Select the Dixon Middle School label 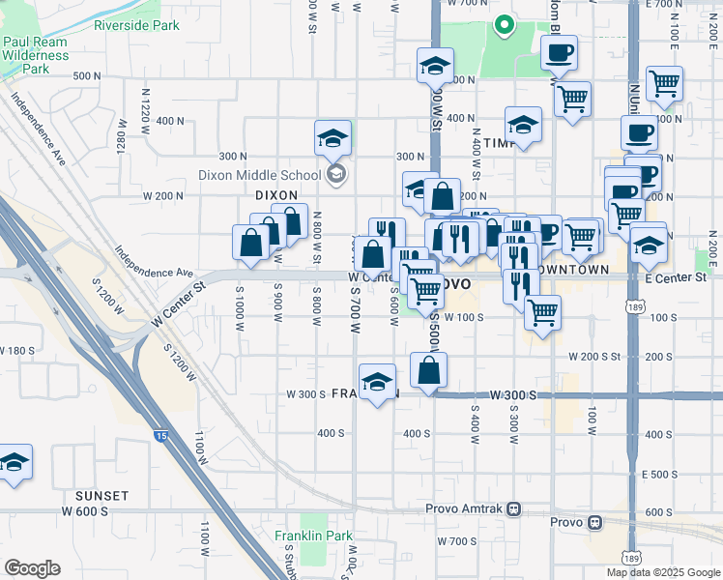tap(259, 175)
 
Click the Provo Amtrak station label tap(467, 508)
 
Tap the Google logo tap(32, 568)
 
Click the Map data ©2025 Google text tap(662, 572)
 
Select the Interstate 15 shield tap(160, 437)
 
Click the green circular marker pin tap(503, 26)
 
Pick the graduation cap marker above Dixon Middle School tap(333, 138)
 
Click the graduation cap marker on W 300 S tap(377, 382)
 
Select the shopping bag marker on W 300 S tap(428, 370)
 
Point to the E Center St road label tap(675, 278)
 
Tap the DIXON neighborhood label tap(275, 194)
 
